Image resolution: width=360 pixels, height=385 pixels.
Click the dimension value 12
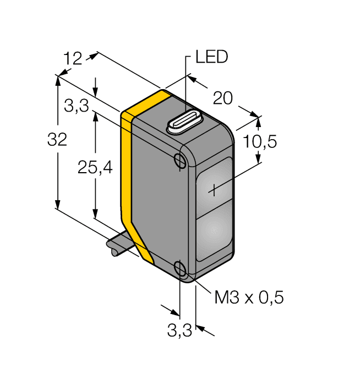tap(73, 58)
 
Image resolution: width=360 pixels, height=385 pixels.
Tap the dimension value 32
tap(57, 140)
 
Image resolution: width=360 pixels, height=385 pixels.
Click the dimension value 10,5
tap(259, 141)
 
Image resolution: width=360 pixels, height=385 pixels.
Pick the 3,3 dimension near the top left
tap(76, 107)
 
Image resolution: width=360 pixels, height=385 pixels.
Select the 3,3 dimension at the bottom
tap(179, 331)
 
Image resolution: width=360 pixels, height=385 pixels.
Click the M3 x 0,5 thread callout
tap(248, 298)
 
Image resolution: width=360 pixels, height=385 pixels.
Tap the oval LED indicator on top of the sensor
tap(184, 123)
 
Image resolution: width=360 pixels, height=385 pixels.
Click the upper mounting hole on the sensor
tap(179, 160)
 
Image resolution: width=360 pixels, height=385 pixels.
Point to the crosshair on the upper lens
tap(214, 190)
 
